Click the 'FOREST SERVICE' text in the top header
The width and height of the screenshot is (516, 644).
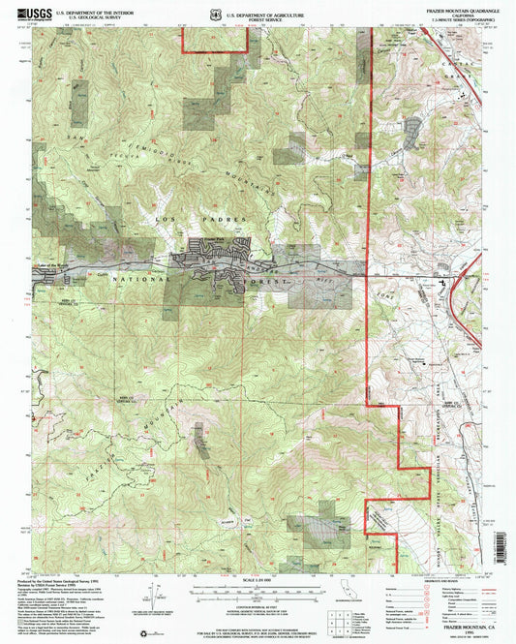[281, 20]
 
